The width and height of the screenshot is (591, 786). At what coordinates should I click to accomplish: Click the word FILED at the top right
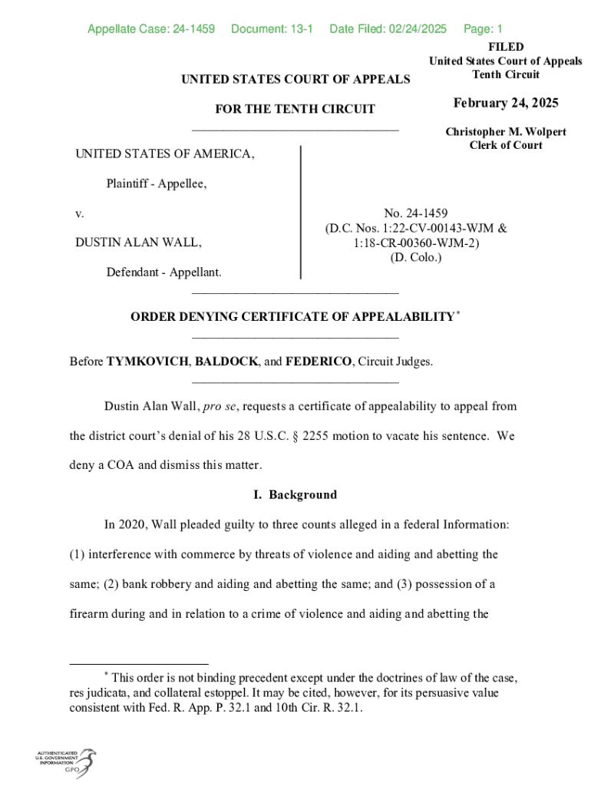[x=506, y=47]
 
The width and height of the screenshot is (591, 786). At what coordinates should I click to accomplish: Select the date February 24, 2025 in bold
[x=506, y=104]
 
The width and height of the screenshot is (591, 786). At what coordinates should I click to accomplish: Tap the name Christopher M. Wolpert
[x=506, y=132]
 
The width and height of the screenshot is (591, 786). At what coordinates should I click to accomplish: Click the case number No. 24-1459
[x=416, y=213]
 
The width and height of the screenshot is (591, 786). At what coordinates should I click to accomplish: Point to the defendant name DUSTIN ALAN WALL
[x=138, y=243]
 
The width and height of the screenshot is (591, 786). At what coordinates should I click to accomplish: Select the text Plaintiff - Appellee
[x=157, y=183]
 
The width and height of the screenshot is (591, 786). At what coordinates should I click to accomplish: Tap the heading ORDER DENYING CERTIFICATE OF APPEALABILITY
[x=292, y=317]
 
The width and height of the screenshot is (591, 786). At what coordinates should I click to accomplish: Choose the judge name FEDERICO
[x=319, y=361]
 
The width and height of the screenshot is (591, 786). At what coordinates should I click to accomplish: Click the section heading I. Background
[x=295, y=495]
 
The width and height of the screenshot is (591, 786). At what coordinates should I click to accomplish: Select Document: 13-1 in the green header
[x=272, y=29]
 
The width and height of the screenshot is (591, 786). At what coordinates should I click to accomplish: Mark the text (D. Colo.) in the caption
[x=416, y=257]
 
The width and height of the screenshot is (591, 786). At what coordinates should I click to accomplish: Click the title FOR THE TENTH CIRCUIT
[x=295, y=109]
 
